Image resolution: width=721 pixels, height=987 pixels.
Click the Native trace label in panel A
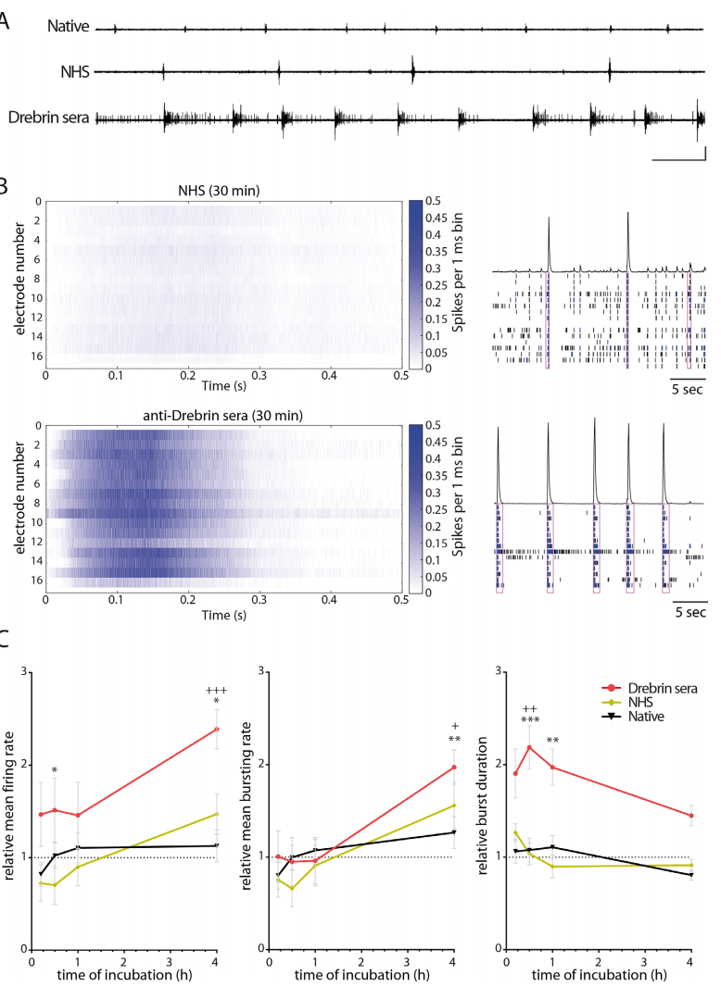point(68,27)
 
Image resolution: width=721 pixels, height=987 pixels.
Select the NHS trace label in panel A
point(75,72)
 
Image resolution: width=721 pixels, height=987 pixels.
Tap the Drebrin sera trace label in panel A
point(48,118)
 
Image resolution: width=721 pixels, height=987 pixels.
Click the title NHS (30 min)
point(219,190)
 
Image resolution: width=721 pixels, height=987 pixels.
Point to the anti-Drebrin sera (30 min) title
point(222,416)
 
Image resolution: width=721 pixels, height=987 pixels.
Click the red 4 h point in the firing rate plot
point(217,729)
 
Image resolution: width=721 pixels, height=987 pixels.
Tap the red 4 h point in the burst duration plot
point(691,815)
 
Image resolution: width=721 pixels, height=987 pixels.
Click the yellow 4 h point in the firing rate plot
point(217,814)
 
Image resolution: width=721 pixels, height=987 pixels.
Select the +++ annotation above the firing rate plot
point(216,690)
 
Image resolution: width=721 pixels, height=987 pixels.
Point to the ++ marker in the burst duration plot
point(529,709)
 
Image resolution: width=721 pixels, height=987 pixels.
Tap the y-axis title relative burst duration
point(483,806)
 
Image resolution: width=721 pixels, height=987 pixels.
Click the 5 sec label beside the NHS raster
point(687,389)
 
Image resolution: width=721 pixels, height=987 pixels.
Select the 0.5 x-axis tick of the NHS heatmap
point(401,375)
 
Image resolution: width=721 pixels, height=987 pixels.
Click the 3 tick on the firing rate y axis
point(24,671)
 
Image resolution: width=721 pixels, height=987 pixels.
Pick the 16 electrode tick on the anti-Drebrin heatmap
point(36,580)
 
